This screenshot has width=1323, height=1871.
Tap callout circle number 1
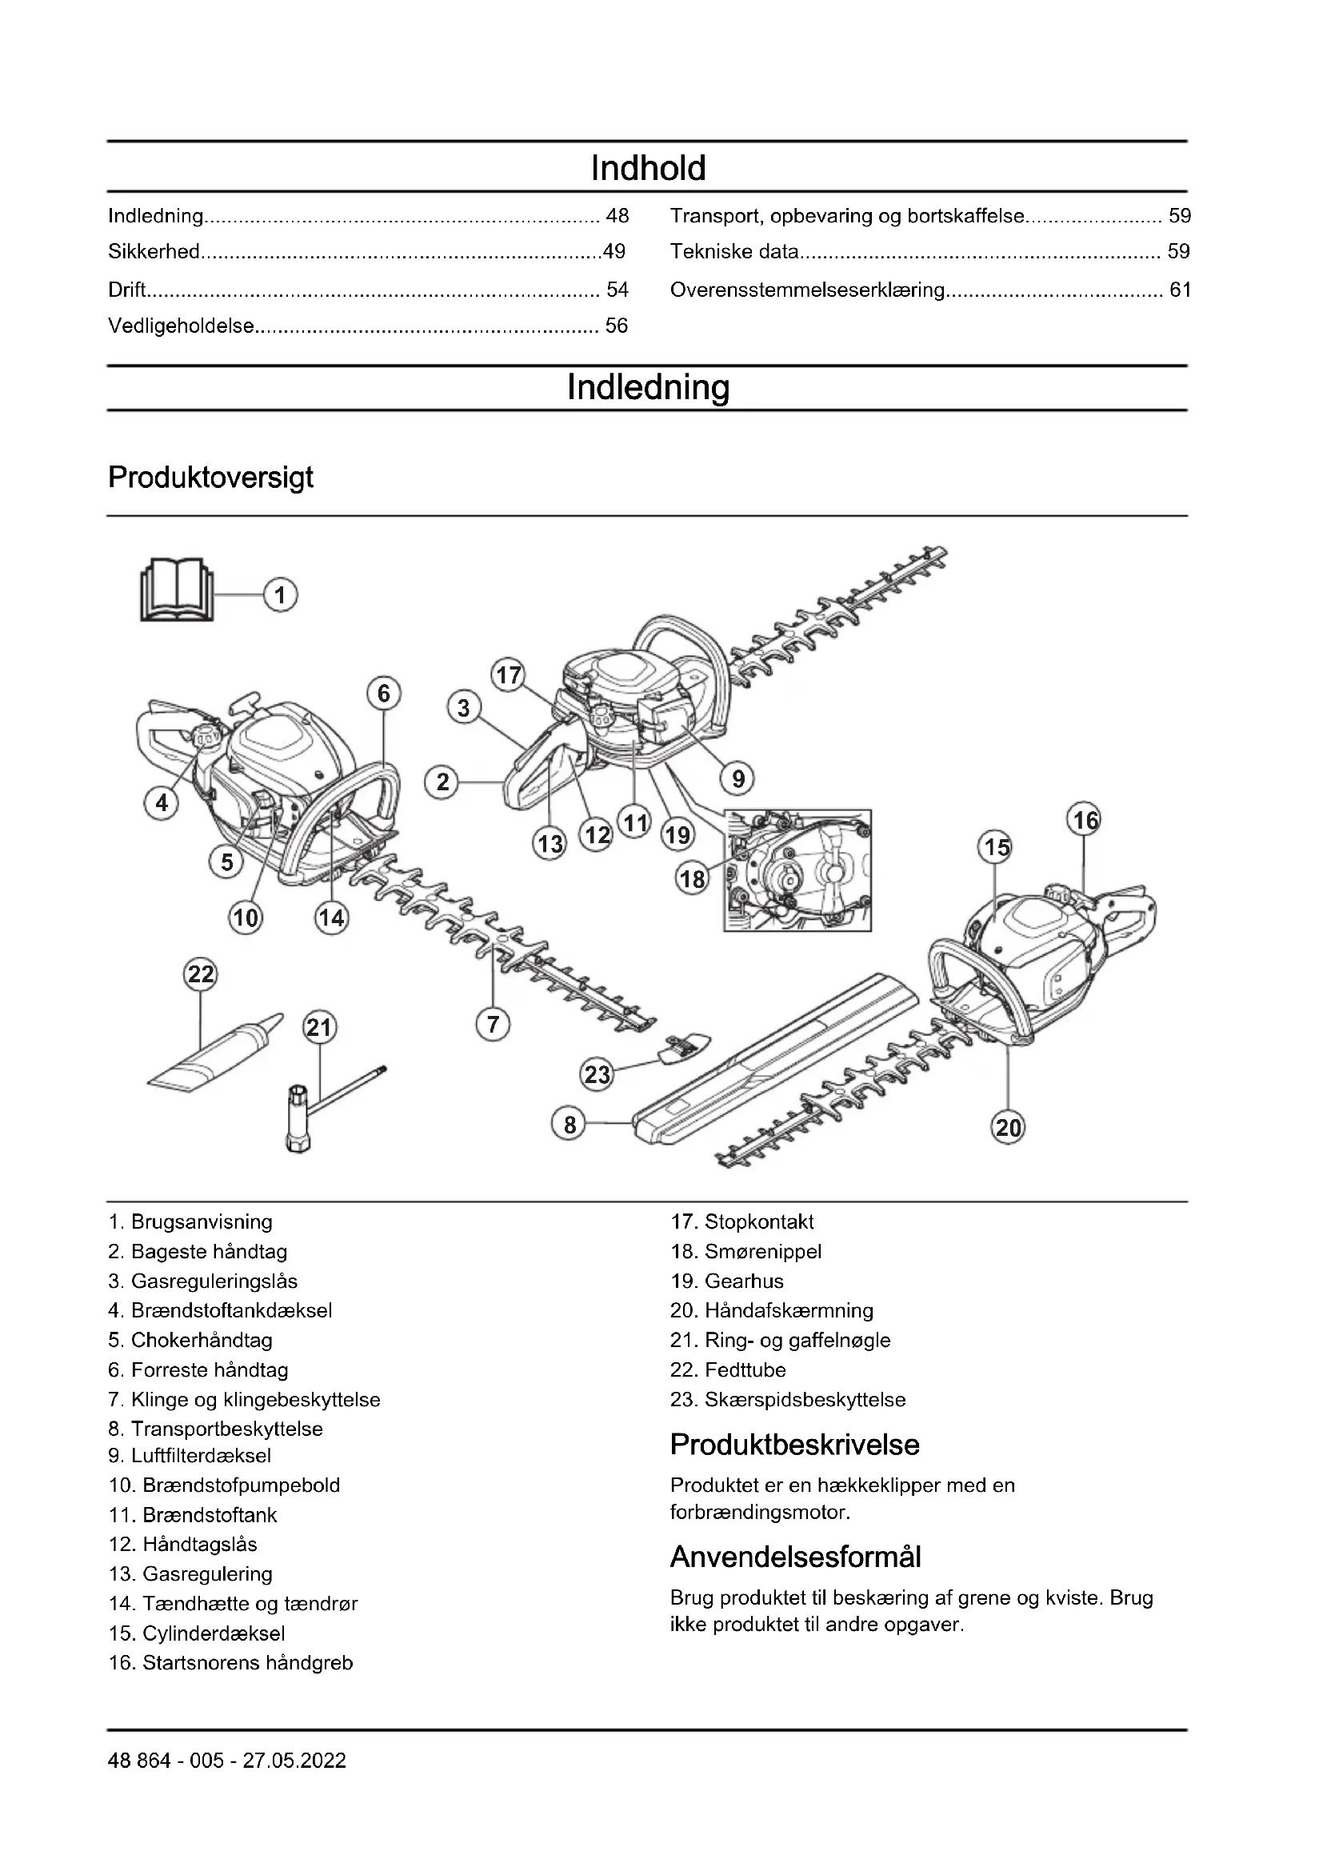point(280,595)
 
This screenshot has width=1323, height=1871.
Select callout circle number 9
point(738,778)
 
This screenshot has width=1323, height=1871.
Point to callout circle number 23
point(598,1074)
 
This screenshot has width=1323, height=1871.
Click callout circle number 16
point(1085,820)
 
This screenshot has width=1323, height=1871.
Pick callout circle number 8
point(570,1125)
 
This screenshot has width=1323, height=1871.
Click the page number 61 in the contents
point(1180,290)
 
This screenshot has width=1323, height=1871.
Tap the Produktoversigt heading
point(210,478)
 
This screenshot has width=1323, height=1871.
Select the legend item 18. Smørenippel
point(745,1251)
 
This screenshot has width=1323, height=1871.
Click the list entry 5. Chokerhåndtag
point(190,1340)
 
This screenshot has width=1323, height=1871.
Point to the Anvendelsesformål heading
point(795,1557)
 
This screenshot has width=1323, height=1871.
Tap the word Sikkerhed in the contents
point(154,252)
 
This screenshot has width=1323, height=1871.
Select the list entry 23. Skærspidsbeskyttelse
point(788,1399)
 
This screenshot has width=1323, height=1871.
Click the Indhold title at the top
point(648,168)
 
